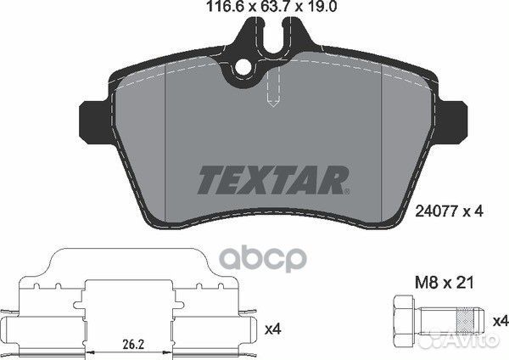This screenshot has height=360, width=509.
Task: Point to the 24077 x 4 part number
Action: click(x=450, y=212)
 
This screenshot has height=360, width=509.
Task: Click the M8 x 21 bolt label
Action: click(x=445, y=283)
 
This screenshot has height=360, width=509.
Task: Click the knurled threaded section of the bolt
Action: click(x=465, y=322)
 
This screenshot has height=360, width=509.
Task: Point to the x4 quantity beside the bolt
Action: click(x=501, y=322)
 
